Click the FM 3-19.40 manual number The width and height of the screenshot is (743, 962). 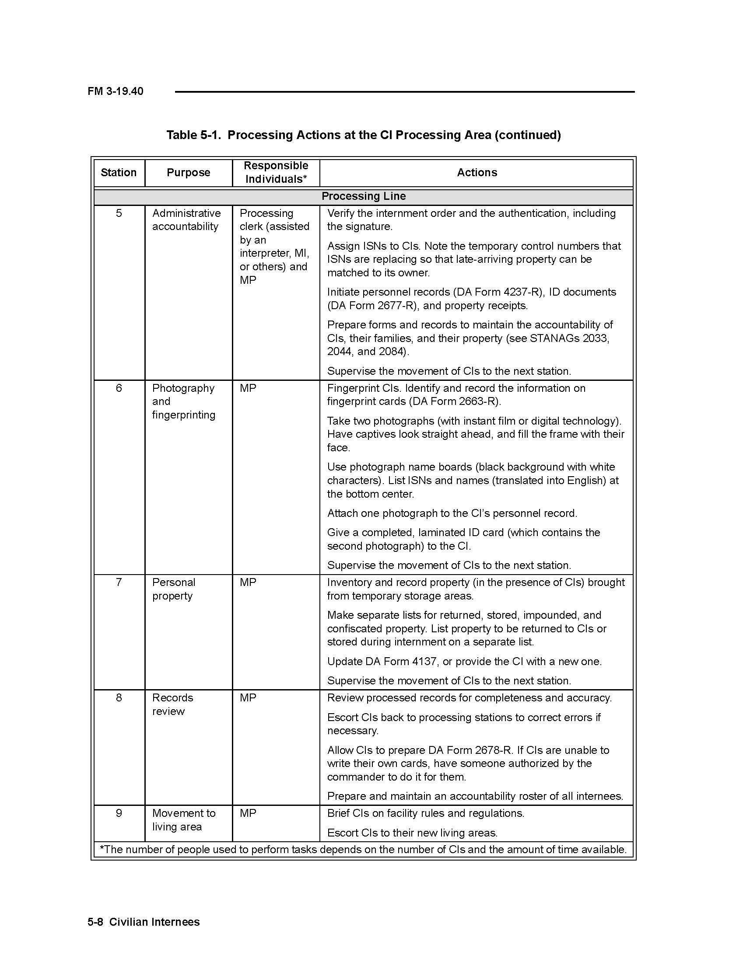coord(116,91)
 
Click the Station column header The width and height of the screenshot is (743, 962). coord(119,172)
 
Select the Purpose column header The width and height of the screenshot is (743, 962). coord(188,172)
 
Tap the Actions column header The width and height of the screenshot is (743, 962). coord(477,172)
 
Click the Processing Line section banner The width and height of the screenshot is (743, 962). coord(364,196)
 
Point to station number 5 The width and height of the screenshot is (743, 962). coord(119,213)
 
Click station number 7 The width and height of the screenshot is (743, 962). coord(119,582)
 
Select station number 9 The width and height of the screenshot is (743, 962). coord(119,813)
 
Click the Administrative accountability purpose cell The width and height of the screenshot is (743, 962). coord(186,220)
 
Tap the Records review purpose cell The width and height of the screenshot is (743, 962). coord(172,704)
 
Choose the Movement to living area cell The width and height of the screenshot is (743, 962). coord(183,820)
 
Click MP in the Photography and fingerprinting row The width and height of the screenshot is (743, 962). coord(248,388)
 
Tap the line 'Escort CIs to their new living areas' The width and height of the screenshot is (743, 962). coord(412,833)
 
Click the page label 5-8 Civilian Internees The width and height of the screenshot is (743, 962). coord(144,922)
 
